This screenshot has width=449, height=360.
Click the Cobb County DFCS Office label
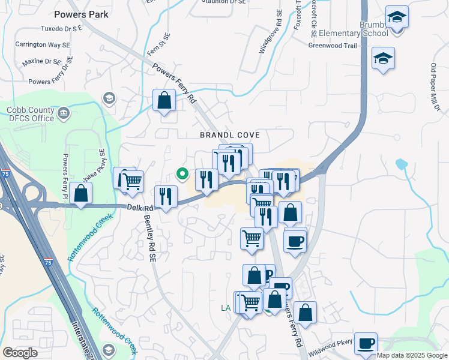click(x=39, y=114)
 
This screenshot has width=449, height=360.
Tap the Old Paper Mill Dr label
click(x=436, y=88)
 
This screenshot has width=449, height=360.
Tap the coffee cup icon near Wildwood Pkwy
click(x=366, y=344)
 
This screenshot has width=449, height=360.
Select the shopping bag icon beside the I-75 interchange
click(x=80, y=194)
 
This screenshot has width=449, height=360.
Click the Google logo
click(x=20, y=353)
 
